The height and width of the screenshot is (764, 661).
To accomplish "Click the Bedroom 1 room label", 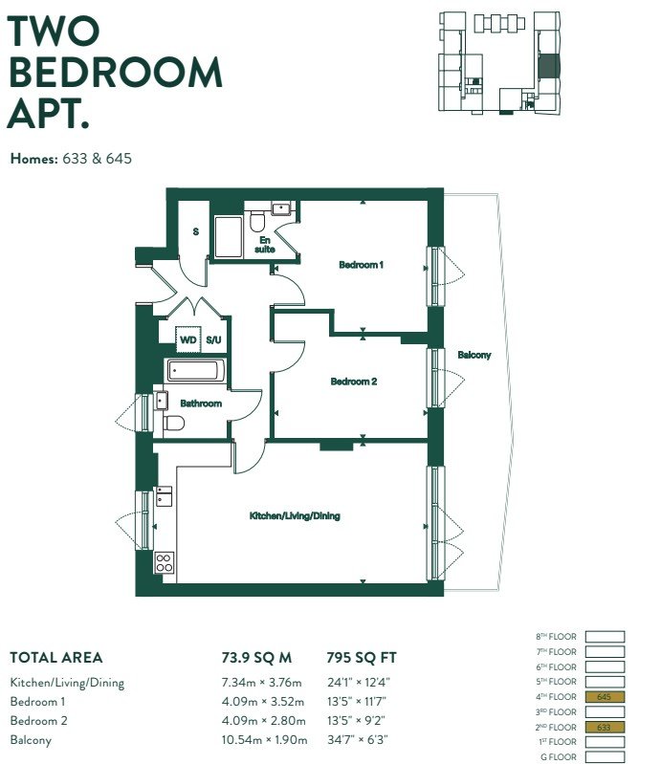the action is pyautogui.click(x=361, y=265).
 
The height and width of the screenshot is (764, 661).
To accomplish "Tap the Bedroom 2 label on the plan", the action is pyautogui.click(x=353, y=382).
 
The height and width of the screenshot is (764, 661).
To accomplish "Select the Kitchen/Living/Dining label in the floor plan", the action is pyautogui.click(x=295, y=515).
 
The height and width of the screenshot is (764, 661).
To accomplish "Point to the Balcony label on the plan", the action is pyautogui.click(x=474, y=355).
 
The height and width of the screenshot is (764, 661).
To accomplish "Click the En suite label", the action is pyautogui.click(x=265, y=245).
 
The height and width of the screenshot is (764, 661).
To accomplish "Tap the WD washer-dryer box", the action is pyautogui.click(x=188, y=339).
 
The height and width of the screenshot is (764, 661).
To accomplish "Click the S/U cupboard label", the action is pyautogui.click(x=213, y=339).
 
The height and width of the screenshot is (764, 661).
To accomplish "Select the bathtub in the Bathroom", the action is pyautogui.click(x=196, y=371).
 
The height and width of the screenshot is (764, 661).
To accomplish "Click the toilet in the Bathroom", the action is pyautogui.click(x=173, y=423).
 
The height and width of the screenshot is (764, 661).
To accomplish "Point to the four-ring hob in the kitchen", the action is pyautogui.click(x=165, y=563).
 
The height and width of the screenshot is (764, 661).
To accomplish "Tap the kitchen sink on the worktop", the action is pyautogui.click(x=164, y=496).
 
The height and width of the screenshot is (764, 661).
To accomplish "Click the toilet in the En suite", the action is pyautogui.click(x=256, y=222).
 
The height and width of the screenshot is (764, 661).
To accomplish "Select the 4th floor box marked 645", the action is pyautogui.click(x=605, y=697).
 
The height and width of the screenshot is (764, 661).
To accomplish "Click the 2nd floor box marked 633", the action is pyautogui.click(x=605, y=727).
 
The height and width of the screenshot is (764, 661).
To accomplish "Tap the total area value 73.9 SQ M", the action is pyautogui.click(x=257, y=658).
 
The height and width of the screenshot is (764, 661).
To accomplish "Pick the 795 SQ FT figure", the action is pyautogui.click(x=362, y=658).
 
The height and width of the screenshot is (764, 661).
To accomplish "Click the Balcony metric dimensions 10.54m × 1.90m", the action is pyautogui.click(x=265, y=740).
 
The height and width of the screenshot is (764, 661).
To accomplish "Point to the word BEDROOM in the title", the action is pyautogui.click(x=116, y=73).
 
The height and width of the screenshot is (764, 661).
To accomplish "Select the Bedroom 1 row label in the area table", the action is pyautogui.click(x=37, y=702).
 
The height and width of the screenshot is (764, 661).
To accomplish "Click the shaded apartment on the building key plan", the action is pyautogui.click(x=548, y=66).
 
